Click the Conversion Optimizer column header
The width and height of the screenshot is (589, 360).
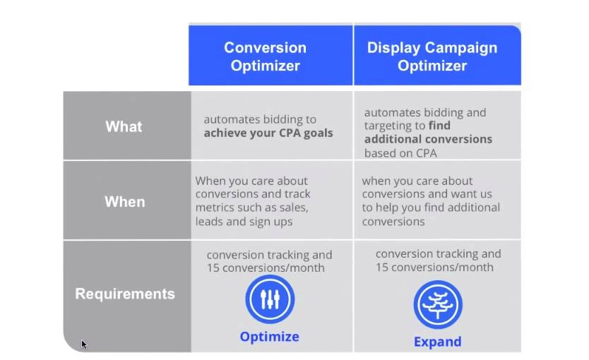point(266,56)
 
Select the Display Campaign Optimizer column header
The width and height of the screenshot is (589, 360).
point(432,56)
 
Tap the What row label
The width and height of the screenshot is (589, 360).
point(124,126)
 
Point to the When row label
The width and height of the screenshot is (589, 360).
point(125,202)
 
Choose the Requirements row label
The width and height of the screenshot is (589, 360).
point(125,294)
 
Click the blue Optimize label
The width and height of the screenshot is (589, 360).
point(270,337)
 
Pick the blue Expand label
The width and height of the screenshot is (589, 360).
point(438,342)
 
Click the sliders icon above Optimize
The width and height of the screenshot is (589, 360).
point(270,299)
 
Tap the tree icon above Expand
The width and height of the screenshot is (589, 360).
point(438,304)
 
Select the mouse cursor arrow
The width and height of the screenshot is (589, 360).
point(84,344)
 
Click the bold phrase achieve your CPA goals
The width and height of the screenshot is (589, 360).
point(268,133)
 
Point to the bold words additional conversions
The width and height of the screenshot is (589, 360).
point(428,139)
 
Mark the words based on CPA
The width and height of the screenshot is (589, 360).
point(400,153)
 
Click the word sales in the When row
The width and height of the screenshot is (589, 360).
point(293,208)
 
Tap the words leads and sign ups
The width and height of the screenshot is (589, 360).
point(244,222)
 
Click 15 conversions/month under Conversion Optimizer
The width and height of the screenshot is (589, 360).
point(266,268)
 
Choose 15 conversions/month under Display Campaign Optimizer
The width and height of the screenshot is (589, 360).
point(434,267)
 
